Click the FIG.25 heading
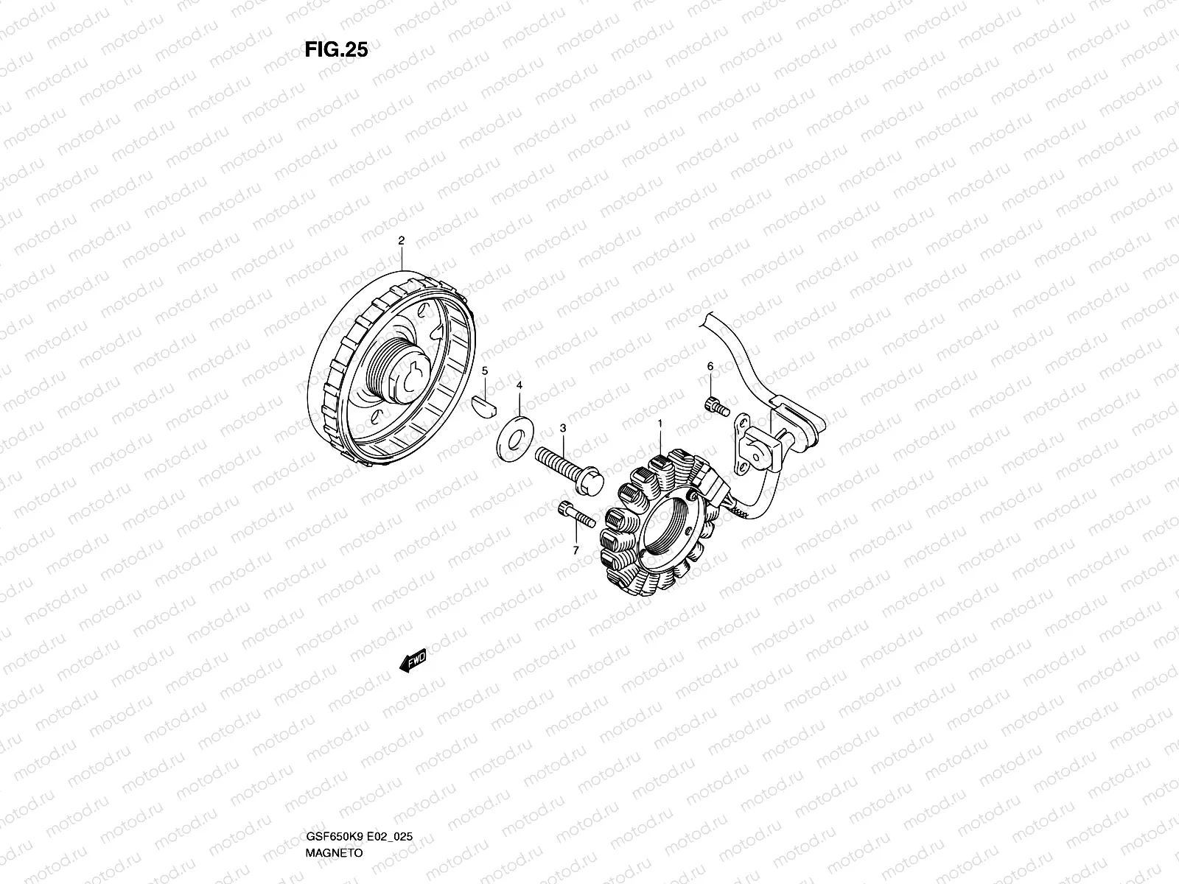[336, 49]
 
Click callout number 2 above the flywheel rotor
[402, 241]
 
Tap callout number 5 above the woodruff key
[484, 371]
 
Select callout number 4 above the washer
[519, 385]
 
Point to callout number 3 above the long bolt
[563, 428]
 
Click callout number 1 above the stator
[660, 424]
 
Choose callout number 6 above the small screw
[710, 366]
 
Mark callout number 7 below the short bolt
[575, 550]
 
